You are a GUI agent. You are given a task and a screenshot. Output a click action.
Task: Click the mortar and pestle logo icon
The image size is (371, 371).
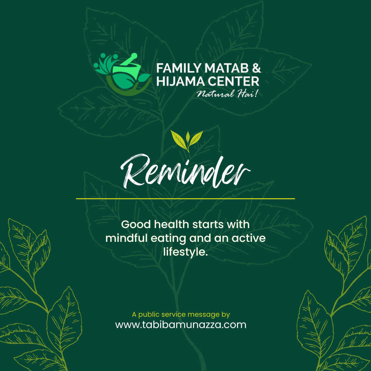coord(122,74)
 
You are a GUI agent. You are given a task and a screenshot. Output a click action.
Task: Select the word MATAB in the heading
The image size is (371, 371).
coord(226,68)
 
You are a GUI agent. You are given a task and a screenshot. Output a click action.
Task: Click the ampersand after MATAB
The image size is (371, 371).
coord(256,68)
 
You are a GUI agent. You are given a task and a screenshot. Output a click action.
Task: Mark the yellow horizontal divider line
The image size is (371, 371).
coord(185,199)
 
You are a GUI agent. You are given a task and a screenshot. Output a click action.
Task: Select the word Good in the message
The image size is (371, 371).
coord(136,225)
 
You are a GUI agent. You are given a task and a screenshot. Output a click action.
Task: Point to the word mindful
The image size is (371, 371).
coord(126,238)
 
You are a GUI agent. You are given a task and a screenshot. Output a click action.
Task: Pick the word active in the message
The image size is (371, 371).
coord(249,238)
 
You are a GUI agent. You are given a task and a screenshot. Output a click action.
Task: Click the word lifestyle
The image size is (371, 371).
coord(185,252)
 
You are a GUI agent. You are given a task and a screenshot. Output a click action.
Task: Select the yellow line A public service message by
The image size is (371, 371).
coord(181,314)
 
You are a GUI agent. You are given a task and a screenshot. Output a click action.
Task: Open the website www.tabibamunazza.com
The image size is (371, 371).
coord(181,325)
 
